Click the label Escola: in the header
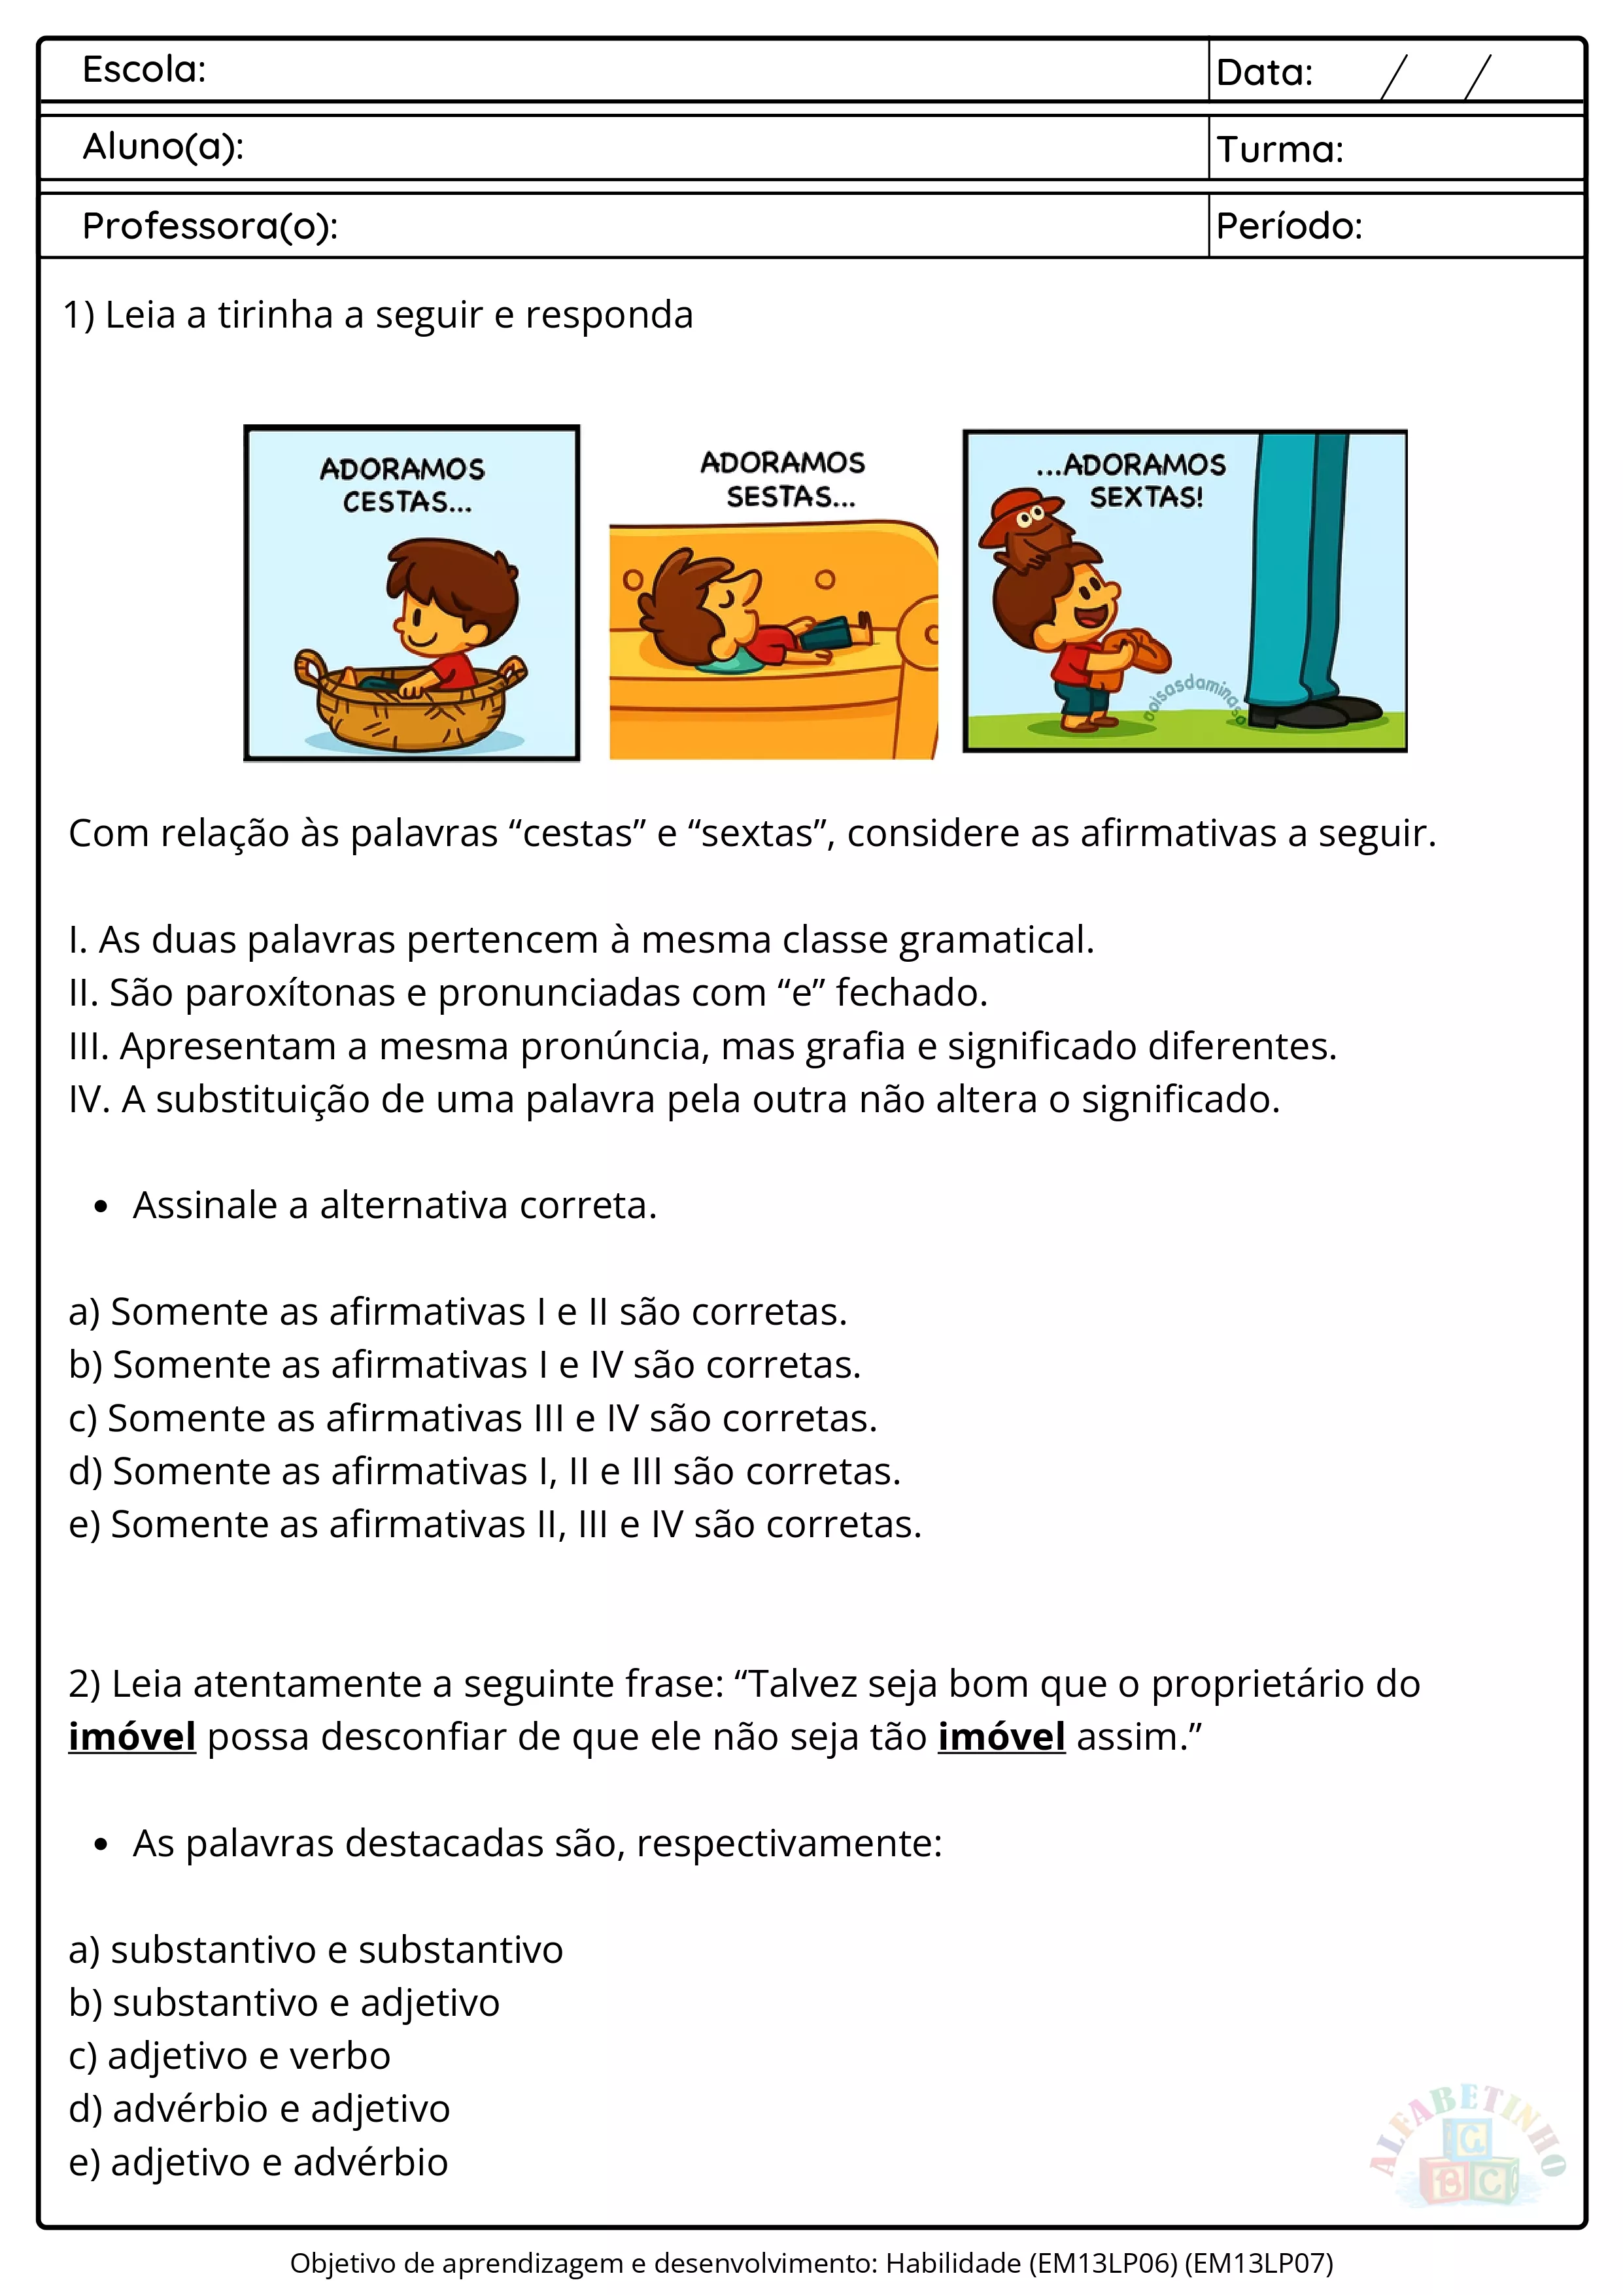point(144,70)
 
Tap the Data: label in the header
point(1264,73)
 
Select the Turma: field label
point(1280,150)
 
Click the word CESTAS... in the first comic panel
point(407,501)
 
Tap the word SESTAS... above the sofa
point(791,497)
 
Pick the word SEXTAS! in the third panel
point(1146,497)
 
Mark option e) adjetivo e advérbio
point(258,2162)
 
